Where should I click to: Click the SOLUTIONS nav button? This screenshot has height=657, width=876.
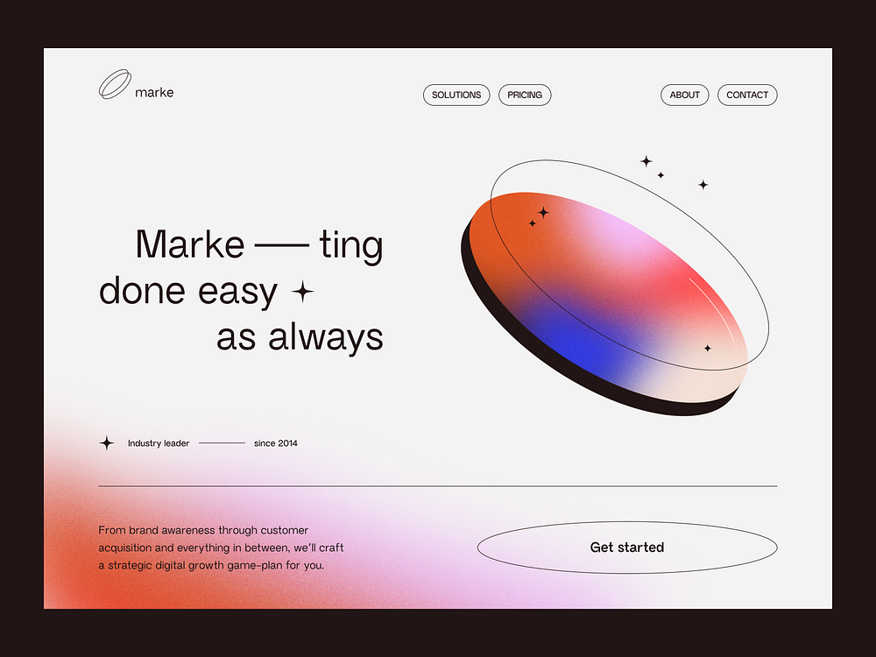click(x=456, y=95)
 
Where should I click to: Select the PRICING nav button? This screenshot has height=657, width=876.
click(x=525, y=95)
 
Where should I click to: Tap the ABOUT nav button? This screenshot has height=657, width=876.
click(x=685, y=95)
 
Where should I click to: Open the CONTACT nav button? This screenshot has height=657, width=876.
click(x=747, y=95)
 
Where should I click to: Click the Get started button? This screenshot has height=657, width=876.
click(x=627, y=547)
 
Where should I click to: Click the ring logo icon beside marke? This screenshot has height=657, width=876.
click(x=115, y=84)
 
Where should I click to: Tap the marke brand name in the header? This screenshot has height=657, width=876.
click(x=154, y=93)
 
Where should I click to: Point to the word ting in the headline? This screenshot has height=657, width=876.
click(x=351, y=244)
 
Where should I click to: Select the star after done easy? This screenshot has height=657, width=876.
click(x=302, y=292)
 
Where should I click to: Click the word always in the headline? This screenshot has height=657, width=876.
click(x=326, y=337)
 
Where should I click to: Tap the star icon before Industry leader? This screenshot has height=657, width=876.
click(x=107, y=443)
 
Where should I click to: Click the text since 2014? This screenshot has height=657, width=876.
click(x=275, y=443)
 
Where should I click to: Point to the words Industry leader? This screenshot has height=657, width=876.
click(x=159, y=443)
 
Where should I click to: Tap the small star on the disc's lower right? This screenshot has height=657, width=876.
click(x=708, y=348)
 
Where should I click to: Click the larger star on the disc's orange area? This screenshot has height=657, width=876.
click(x=543, y=212)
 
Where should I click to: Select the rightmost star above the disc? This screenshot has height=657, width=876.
click(x=703, y=185)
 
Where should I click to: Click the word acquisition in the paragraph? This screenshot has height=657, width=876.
click(x=125, y=547)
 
